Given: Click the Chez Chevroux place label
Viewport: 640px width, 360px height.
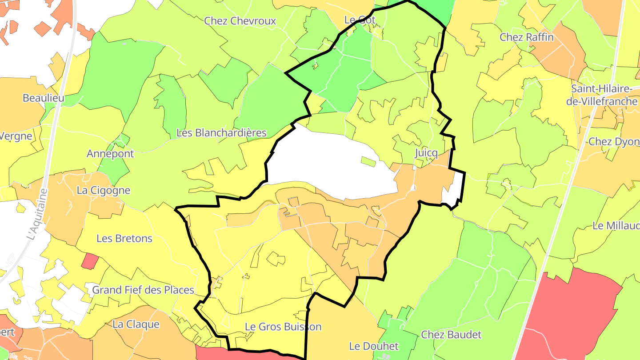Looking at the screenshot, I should (240, 21).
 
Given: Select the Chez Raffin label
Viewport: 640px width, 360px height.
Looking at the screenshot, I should (527, 37).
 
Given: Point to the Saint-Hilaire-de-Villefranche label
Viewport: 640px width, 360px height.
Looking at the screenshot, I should (604, 95).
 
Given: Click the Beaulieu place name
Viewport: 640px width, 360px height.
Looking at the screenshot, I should (43, 98).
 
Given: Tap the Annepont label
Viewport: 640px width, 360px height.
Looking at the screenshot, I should (110, 154).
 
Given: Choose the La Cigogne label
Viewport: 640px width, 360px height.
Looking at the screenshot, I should (104, 191).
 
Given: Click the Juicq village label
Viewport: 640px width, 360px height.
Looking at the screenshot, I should (426, 154).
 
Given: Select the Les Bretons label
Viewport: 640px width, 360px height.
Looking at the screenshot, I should (124, 239).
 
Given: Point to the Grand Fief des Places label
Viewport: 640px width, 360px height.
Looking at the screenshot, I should (143, 290).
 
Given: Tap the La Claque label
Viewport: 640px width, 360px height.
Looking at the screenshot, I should (136, 324).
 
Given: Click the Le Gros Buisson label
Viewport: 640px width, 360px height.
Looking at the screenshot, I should (283, 327).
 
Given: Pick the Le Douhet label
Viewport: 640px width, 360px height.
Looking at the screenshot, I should (368, 346).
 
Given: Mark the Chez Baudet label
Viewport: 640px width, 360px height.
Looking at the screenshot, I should (451, 335).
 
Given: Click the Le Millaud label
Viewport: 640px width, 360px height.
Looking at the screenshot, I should (616, 226).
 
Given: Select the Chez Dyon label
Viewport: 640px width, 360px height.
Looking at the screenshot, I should (613, 142).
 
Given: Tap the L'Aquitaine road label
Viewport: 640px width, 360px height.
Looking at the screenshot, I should (37, 214).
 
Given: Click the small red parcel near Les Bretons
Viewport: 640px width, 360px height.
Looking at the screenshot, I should (90, 261).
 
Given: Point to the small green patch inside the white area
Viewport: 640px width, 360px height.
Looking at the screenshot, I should (368, 161).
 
